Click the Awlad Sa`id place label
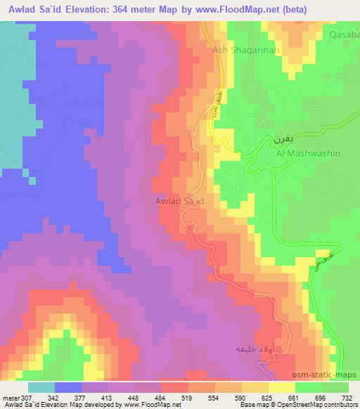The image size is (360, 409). point(179,201)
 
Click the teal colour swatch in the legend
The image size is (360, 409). point(41,387)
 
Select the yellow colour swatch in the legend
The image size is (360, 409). point(281,387)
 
